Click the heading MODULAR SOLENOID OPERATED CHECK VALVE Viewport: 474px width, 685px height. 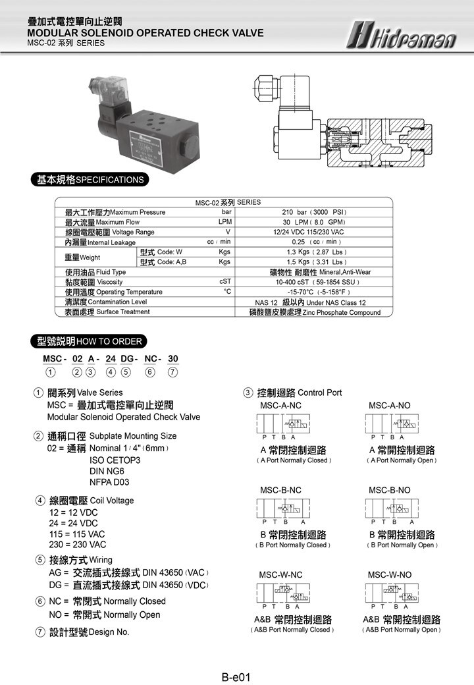[x=145, y=33]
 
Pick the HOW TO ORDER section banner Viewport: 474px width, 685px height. [x=88, y=341]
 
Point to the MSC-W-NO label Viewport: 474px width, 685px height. [x=390, y=575]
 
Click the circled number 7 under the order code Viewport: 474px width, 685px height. [x=172, y=372]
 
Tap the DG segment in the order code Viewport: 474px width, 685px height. [x=126, y=359]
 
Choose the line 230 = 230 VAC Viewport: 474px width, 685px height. [x=78, y=545]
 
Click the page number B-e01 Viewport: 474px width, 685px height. [x=236, y=676]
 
